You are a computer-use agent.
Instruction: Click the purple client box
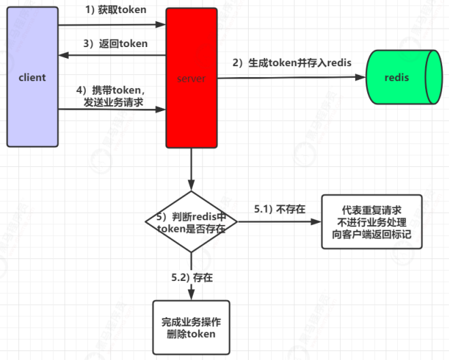click(x=32, y=102)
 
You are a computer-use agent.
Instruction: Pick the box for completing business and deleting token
click(x=191, y=327)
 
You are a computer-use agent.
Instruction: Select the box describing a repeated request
click(x=371, y=221)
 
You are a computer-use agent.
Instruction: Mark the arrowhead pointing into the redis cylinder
click(x=362, y=78)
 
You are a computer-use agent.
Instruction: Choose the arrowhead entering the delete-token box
click(x=191, y=295)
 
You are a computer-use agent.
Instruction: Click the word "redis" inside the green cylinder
click(x=397, y=78)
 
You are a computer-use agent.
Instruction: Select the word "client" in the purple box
click(x=32, y=77)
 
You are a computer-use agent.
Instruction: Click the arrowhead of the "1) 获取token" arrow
click(x=161, y=25)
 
